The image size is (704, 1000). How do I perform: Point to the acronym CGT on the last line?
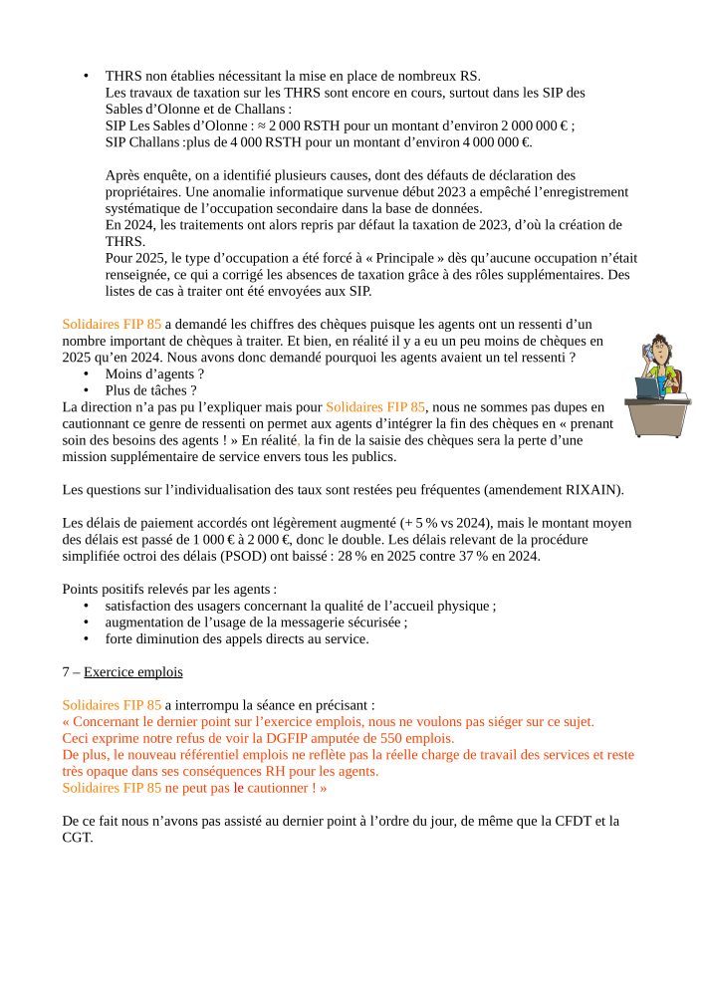pyautogui.click(x=78, y=838)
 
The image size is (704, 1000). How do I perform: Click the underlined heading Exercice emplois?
pyautogui.click(x=133, y=671)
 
